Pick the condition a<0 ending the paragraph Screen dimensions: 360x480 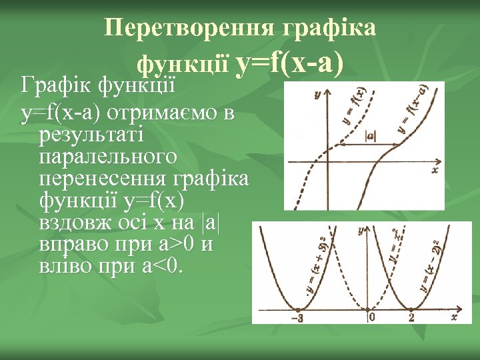point(164,267)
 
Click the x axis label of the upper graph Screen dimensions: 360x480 point(435,171)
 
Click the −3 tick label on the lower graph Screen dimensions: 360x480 point(296,318)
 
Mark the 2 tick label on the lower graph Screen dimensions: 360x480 point(411,318)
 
